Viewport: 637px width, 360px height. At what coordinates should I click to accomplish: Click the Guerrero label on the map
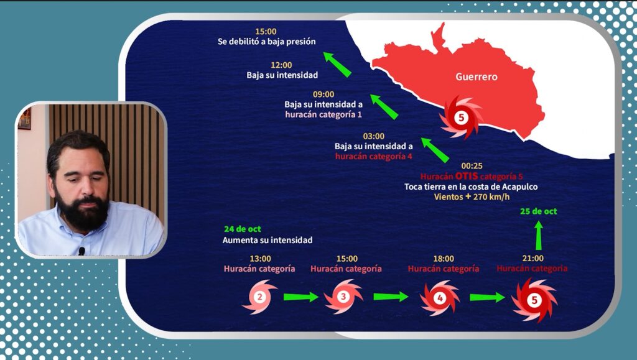(x=477, y=77)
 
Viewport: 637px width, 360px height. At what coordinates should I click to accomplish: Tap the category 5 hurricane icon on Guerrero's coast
(x=461, y=116)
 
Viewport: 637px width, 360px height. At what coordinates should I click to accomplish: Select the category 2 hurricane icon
(x=260, y=297)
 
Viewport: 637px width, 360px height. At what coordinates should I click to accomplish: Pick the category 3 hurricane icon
(x=343, y=297)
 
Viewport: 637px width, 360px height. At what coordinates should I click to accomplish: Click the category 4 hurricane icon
(x=440, y=298)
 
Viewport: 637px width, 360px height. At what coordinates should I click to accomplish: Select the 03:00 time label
(x=373, y=136)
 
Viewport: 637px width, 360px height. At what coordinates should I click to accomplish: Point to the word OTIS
(x=466, y=177)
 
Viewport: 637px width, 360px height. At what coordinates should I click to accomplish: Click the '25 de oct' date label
(x=539, y=211)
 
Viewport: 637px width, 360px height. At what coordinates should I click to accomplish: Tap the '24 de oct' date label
(x=242, y=229)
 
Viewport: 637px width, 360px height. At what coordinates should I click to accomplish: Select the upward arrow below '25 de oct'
(x=539, y=234)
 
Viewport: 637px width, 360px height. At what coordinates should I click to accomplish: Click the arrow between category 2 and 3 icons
(x=300, y=297)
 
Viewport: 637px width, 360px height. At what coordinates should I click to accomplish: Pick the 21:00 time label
(x=532, y=258)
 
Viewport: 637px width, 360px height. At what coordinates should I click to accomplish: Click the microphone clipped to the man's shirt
(x=81, y=251)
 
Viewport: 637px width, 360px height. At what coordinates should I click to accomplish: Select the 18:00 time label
(x=444, y=258)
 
